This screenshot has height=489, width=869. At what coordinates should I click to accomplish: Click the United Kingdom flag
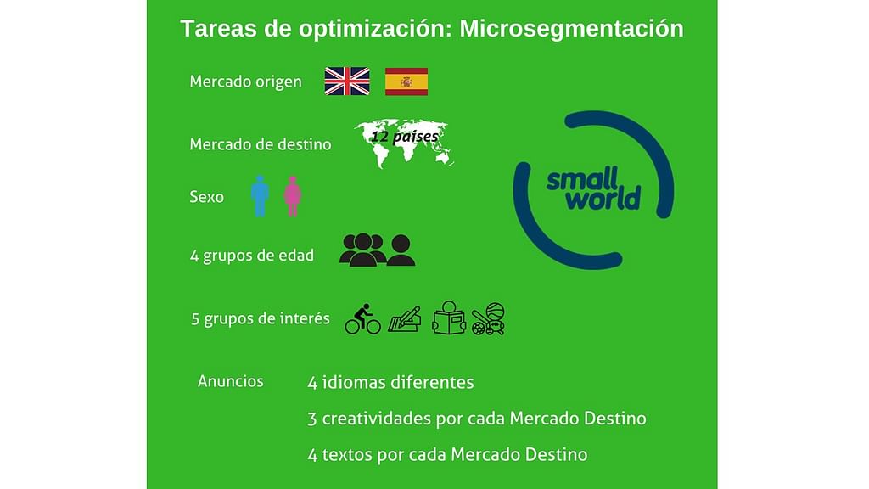coord(347,81)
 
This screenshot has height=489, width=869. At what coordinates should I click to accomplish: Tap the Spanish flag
coord(406,81)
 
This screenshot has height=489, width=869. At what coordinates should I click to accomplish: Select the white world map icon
coord(404,143)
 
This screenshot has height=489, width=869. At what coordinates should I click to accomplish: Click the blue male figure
coord(260,196)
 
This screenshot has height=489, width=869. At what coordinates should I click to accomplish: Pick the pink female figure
coord(293,196)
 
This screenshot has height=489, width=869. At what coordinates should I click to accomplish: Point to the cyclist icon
coord(363,319)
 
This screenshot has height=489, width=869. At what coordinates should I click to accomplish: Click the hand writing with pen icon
coord(405,319)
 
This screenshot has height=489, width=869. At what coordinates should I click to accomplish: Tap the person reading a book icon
coord(449,318)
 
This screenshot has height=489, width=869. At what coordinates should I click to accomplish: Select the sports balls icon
coord(488,319)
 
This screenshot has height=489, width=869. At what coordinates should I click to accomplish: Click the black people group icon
coord(378,250)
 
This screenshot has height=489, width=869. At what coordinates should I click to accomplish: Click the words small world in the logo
coord(593,189)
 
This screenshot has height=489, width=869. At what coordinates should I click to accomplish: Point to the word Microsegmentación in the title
coord(571,29)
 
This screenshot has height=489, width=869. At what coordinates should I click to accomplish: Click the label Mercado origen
coord(245,81)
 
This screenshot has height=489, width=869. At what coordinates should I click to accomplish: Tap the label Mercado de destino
coord(261,144)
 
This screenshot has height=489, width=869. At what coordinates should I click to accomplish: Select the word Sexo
coord(207,197)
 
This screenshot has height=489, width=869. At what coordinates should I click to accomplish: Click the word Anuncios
coord(231,381)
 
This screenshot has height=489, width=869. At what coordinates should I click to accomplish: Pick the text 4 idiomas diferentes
coord(390,383)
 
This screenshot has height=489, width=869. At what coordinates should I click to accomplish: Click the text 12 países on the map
coord(405,137)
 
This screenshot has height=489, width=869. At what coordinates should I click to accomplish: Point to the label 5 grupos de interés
coord(261,319)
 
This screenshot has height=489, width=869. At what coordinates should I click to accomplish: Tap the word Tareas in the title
coord(218,29)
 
